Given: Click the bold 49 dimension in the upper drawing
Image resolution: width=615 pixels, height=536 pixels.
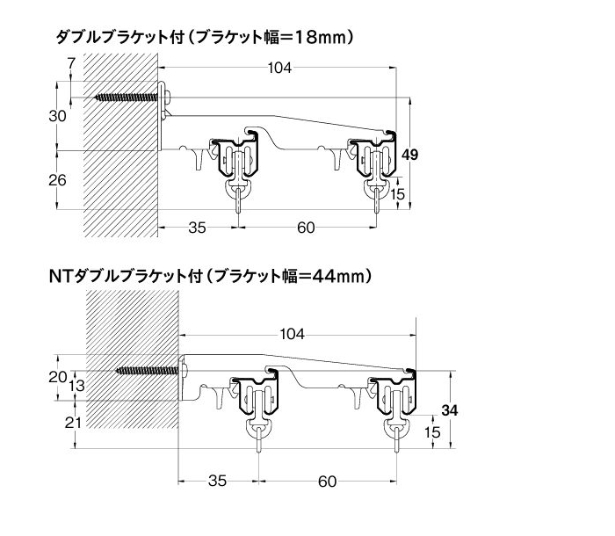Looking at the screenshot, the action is (410, 155).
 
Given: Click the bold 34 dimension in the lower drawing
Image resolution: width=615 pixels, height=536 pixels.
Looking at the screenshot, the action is (450, 410).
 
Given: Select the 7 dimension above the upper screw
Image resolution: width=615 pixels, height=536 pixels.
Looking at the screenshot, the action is (71, 63).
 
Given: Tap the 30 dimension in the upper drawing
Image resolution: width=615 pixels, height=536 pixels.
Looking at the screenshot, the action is (57, 116).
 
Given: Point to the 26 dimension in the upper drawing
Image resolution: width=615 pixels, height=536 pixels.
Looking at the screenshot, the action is (57, 180).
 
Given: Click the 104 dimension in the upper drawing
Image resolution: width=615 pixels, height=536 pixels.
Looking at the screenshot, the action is (279, 68).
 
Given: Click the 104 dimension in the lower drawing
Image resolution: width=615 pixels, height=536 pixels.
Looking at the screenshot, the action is (292, 334).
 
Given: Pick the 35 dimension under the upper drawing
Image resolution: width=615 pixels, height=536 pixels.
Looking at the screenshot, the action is (197, 228).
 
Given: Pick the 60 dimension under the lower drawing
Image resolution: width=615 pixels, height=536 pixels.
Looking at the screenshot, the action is (327, 482).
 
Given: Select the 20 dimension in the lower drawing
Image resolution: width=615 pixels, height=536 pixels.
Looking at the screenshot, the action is (57, 377).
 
